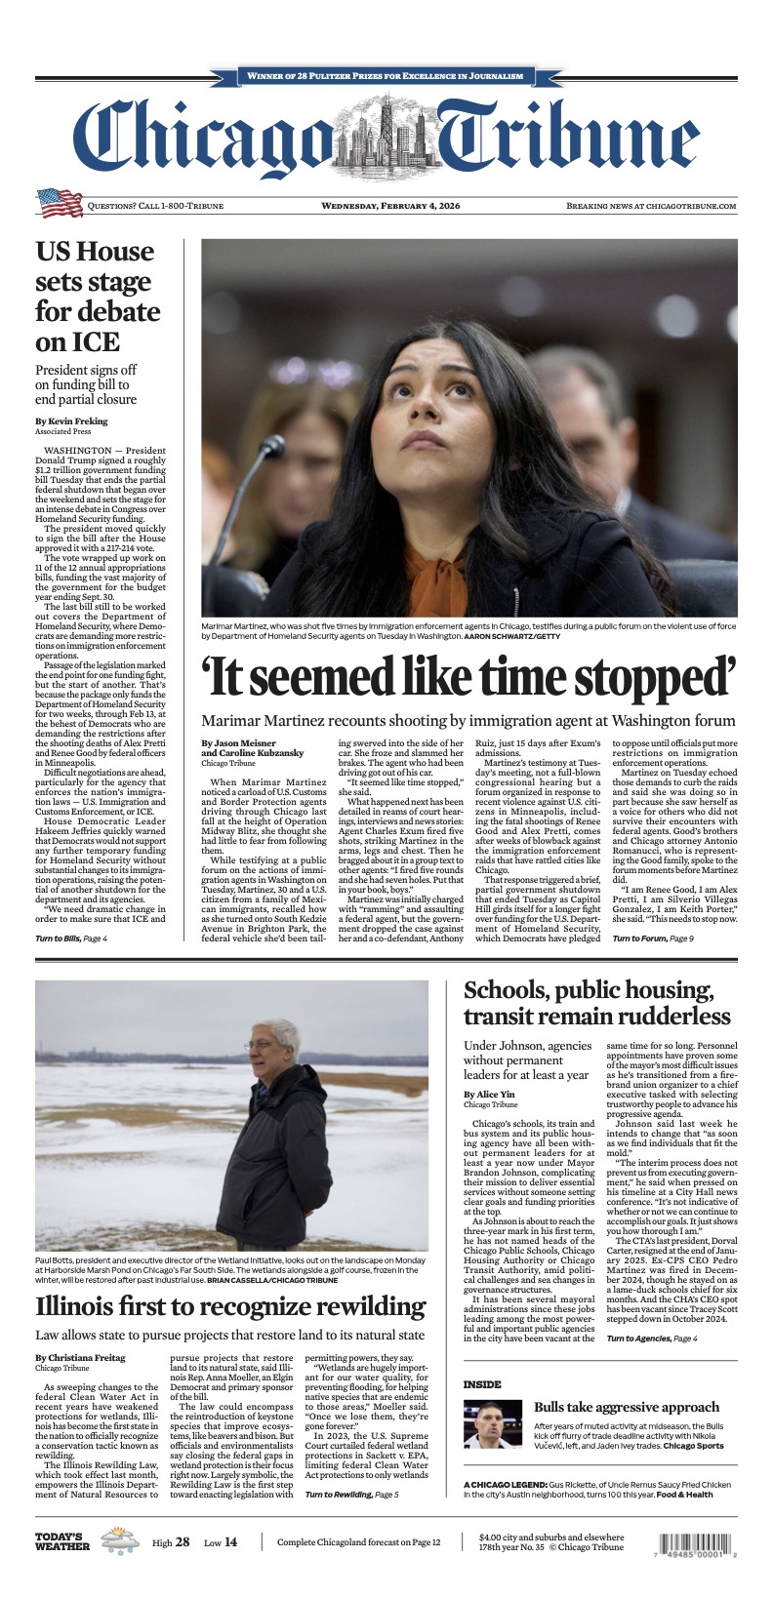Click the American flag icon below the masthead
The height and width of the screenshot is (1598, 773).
[x=60, y=203]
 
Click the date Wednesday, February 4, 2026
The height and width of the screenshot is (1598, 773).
[x=386, y=206]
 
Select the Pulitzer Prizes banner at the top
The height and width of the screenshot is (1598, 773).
[x=386, y=75]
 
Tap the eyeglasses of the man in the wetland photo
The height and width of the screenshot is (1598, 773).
[x=262, y=1046]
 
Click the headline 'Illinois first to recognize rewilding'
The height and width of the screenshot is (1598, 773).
[x=230, y=1307]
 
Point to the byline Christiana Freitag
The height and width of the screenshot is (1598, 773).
[x=81, y=1358]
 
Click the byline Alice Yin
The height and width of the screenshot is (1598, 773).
[x=488, y=1095]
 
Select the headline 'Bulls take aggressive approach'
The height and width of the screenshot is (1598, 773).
[x=626, y=1407]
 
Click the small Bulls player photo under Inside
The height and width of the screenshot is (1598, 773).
[x=493, y=1424]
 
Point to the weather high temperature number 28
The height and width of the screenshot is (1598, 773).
[x=182, y=1542]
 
